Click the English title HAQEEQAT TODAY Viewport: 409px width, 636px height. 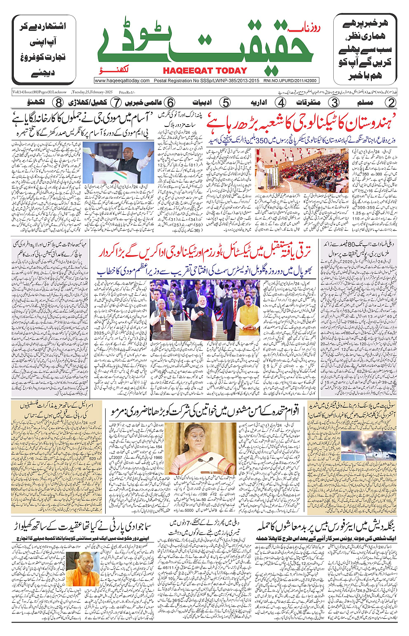pyautogui.click(x=205, y=71)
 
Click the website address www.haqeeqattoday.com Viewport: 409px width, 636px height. pyautogui.click(x=122, y=81)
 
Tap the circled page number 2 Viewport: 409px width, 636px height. pyautogui.click(x=391, y=103)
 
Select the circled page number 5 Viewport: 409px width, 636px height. pyautogui.click(x=225, y=103)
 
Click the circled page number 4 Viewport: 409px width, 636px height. pyautogui.click(x=281, y=103)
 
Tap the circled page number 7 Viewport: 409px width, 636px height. pyautogui.click(x=116, y=103)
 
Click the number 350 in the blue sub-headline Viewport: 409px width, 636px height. pyautogui.click(x=262, y=141)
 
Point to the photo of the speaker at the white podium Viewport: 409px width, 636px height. pyautogui.click(x=118, y=162)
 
